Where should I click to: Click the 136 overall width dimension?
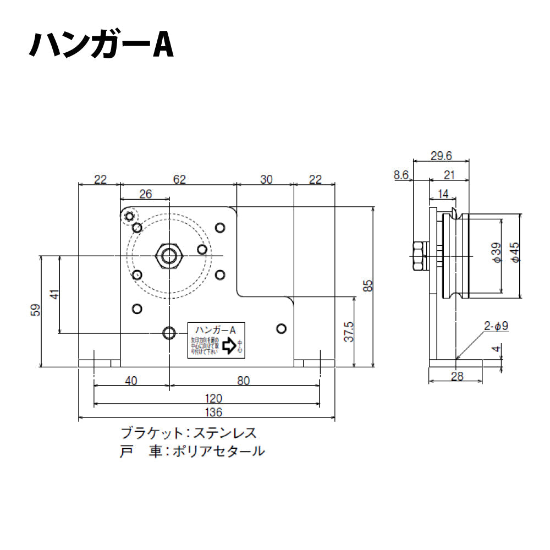pyautogui.click(x=213, y=412)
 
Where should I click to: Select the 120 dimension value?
pyautogui.click(x=213, y=397)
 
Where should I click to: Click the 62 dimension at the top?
pyautogui.click(x=179, y=179)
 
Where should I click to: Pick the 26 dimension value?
pyautogui.click(x=145, y=194)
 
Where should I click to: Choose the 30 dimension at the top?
pyautogui.click(x=266, y=179)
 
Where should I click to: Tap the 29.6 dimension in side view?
pyautogui.click(x=441, y=156)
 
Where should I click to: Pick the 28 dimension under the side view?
pyautogui.click(x=457, y=376)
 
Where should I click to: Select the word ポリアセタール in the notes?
pyautogui.click(x=218, y=452)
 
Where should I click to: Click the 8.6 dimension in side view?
pyautogui.click(x=402, y=175)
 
